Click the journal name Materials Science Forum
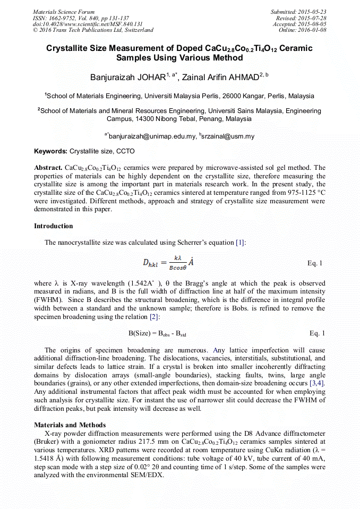pyautogui.click(x=64, y=12)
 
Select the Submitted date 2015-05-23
pyautogui.click(x=312, y=12)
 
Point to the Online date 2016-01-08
pyautogui.click(x=312, y=30)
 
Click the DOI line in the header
pyautogui.click(x=88, y=24)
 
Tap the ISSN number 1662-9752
pyautogui.click(x=66, y=18)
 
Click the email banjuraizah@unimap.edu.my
pyautogui.click(x=152, y=136)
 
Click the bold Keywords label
pyautogui.click(x=50, y=151)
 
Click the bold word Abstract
pyautogui.click(x=48, y=168)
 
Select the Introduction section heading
pyautogui.click(x=54, y=226)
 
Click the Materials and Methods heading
pyautogui.click(x=70, y=425)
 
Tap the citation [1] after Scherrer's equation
pyautogui.click(x=240, y=243)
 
